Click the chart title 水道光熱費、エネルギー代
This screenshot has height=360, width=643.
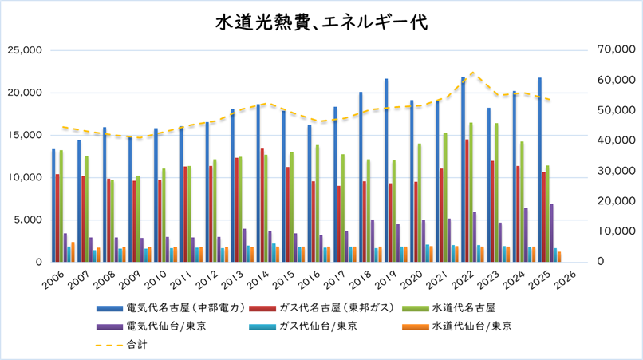(x=321, y=22)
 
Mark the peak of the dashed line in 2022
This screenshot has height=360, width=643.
(x=473, y=72)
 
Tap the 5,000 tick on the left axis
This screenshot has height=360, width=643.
(x=29, y=220)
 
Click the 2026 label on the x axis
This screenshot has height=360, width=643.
(x=568, y=279)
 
